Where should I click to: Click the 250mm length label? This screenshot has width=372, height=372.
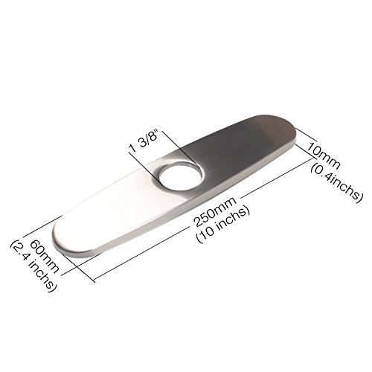[215, 211]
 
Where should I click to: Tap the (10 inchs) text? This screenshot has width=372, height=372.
[222, 225]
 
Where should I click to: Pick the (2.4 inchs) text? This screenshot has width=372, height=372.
[34, 266]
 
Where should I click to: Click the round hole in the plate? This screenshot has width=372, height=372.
[180, 176]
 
